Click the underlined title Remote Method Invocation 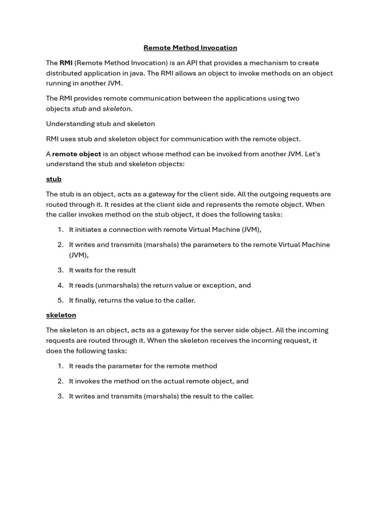pyautogui.click(x=190, y=48)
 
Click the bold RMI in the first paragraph pyautogui.click(x=66, y=63)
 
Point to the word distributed pyautogui.click(x=64, y=73)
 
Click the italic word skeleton pyautogui.click(x=117, y=109)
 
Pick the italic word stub pyautogui.click(x=79, y=109)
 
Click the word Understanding pyautogui.click(x=69, y=124)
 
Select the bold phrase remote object pyautogui.click(x=76, y=154)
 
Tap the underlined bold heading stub pyautogui.click(x=54, y=179)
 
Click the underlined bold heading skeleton pyautogui.click(x=61, y=315)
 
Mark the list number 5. pyautogui.click(x=61, y=300)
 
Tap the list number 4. pyautogui.click(x=61, y=285)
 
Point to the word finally pyautogui.click(x=87, y=300)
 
